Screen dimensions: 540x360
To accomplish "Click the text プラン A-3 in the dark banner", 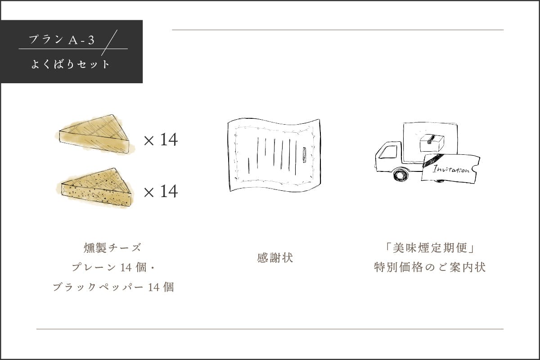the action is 62,40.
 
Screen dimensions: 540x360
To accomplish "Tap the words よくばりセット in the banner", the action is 70,64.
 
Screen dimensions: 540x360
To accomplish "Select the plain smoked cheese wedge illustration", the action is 95,134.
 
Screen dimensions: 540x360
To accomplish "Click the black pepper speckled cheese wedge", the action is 95,188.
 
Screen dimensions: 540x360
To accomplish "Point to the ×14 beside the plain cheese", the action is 161,139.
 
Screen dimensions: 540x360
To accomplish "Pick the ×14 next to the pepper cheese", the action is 161,191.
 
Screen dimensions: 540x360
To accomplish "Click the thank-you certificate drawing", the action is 274,155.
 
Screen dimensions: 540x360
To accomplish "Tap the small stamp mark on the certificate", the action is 305,155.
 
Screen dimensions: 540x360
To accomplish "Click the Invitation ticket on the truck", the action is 450,168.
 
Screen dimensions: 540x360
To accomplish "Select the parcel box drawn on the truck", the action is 432,143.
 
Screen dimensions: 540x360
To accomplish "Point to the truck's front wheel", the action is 401,175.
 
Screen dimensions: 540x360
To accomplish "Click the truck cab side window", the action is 388,152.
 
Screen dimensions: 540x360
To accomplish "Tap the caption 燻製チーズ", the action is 112,248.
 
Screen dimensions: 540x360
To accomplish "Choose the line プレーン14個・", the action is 113,267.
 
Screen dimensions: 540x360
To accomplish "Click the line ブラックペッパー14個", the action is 113,287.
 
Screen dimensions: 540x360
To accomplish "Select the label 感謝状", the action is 275,258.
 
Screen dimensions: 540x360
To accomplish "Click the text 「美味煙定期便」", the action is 430,248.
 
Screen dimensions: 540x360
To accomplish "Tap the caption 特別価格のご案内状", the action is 430,267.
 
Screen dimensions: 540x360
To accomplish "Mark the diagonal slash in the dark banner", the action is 109,43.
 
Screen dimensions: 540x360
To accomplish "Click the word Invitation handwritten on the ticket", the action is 451,170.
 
